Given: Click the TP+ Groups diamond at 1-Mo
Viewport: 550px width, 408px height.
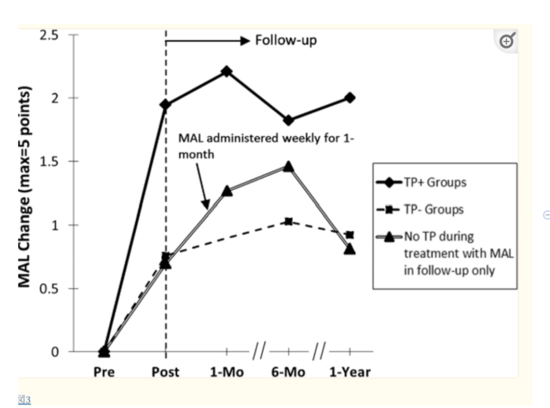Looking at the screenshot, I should click(227, 71).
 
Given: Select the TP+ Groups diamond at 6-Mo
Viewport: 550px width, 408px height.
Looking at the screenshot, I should click(288, 120).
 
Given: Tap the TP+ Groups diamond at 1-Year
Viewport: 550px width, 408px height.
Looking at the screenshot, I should click(350, 98).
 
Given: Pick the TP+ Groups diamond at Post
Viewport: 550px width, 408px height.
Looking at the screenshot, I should click(165, 104).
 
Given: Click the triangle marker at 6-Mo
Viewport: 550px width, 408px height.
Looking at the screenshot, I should click(288, 166).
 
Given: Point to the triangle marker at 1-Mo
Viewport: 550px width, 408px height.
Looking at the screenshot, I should click(227, 191).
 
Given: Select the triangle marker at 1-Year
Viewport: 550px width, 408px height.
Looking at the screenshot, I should click(350, 249).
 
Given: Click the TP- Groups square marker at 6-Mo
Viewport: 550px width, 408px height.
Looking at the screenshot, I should click(288, 221).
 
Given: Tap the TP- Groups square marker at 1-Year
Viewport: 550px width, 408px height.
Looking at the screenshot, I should click(350, 235).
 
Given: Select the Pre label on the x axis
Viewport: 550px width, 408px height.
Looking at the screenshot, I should click(104, 371).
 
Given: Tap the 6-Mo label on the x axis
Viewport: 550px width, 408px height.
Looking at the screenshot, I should click(289, 371).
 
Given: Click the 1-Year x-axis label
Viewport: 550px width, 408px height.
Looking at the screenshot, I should click(350, 371).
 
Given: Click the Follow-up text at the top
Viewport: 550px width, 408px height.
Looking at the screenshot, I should click(286, 41).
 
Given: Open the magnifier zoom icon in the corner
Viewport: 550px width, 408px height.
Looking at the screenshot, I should click(507, 41).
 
